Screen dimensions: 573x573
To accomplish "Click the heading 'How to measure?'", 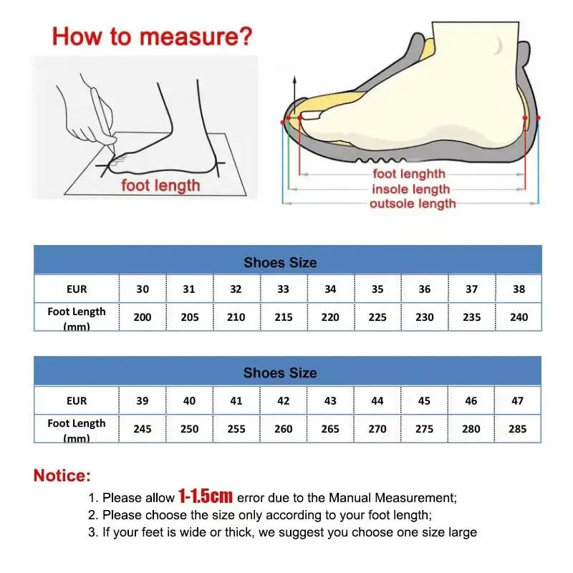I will tap(152, 36).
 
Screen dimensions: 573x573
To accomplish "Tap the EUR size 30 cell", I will tap(143, 289).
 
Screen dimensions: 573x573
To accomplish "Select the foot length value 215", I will tap(284, 317).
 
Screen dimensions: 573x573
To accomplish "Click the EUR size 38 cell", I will tap(519, 289).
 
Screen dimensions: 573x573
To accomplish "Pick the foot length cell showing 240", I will tap(519, 317).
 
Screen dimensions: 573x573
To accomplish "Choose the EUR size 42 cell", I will tap(284, 401).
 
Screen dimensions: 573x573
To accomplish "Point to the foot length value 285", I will tap(517, 429).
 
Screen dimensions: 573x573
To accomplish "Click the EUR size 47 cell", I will tap(517, 401).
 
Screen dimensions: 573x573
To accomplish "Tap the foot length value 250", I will tap(189, 429).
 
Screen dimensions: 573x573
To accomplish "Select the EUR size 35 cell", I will tap(377, 289).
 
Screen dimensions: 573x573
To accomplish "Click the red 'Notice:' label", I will tap(62, 476).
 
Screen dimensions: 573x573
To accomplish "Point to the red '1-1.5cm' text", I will tap(206, 496).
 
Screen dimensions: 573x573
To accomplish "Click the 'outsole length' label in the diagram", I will tap(412, 204).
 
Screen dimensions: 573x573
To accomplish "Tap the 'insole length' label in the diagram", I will tap(410, 189).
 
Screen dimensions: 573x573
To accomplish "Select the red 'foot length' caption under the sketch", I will tap(160, 186).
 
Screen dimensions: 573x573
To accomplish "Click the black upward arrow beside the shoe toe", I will tap(293, 90).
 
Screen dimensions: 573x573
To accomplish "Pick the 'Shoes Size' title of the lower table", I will tap(279, 373).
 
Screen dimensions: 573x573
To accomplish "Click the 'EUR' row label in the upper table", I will tap(77, 289).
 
